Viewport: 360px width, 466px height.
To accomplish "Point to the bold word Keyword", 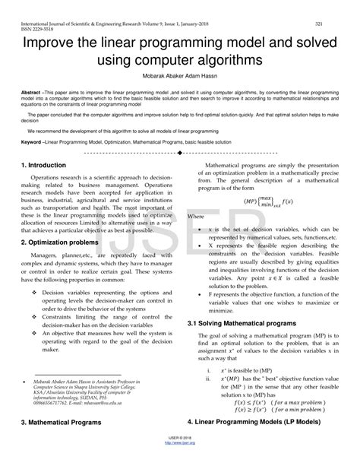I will pyautogui.click(x=33, y=141).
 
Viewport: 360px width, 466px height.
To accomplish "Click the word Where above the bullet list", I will pyautogui.click(x=196, y=217).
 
